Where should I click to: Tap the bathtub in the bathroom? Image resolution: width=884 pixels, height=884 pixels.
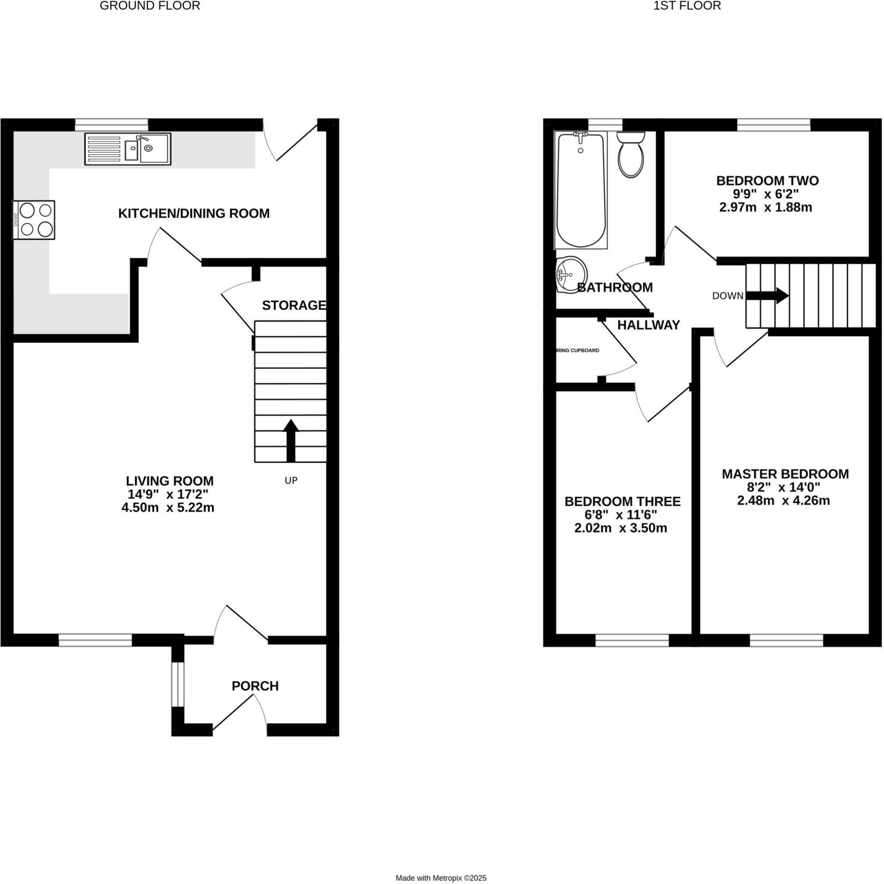coord(581,190)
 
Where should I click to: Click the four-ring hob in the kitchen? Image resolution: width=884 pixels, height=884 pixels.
coord(34,220)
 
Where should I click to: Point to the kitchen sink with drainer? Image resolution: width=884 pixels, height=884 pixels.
coord(127,149)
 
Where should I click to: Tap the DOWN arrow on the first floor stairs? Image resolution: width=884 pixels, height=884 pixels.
coord(767,296)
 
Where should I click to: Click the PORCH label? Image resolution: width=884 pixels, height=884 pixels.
coord(255,686)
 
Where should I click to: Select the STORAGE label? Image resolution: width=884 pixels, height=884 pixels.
coord(294,305)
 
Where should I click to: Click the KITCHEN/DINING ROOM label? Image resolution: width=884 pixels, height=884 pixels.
coord(194,213)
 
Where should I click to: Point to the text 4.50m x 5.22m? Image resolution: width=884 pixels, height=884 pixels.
coord(168,507)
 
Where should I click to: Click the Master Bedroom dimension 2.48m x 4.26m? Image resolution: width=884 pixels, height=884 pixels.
coord(783,501)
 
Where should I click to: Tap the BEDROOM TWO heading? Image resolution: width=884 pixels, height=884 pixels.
coord(767,181)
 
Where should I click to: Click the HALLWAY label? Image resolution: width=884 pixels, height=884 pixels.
coord(648,325)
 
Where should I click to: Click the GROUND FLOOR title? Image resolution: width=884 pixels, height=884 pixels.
coord(150,6)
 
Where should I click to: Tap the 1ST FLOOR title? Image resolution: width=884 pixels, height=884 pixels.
coord(687,6)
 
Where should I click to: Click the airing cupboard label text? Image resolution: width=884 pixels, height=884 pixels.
coord(578,351)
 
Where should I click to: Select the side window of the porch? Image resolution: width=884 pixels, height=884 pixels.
coord(178,684)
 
